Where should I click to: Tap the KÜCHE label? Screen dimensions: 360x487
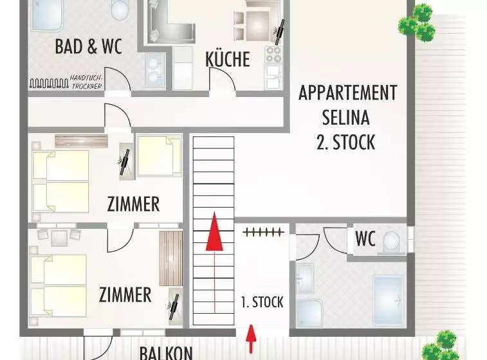228,60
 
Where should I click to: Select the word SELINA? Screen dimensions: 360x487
346,117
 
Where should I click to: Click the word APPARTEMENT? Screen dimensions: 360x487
347,93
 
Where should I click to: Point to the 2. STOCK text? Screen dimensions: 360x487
346,141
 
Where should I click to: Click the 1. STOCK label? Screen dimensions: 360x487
262,302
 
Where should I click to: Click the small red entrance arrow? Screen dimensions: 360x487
252,339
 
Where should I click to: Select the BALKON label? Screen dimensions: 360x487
165,352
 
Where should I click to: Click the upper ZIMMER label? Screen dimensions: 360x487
133,205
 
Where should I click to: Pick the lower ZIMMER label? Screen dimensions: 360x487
125,295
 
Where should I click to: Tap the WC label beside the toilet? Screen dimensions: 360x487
365,239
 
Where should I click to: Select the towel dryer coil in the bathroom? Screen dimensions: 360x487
48,83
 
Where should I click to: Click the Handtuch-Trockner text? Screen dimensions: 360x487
86,82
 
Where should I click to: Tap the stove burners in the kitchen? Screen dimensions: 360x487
273,54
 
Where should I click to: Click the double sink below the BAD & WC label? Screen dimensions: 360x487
154,70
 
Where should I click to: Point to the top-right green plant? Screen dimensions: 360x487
418,24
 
